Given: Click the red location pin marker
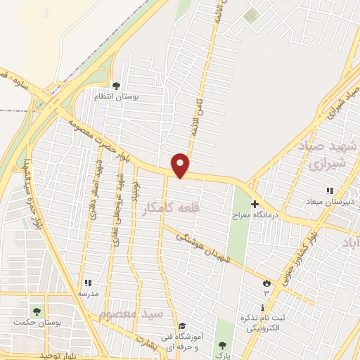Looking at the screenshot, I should [181, 165].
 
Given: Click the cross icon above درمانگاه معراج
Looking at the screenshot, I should [255, 204].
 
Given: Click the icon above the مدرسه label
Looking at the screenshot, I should [88, 283].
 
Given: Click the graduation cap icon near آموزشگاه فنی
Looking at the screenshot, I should [183, 326].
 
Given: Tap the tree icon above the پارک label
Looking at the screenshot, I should [222, 345].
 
